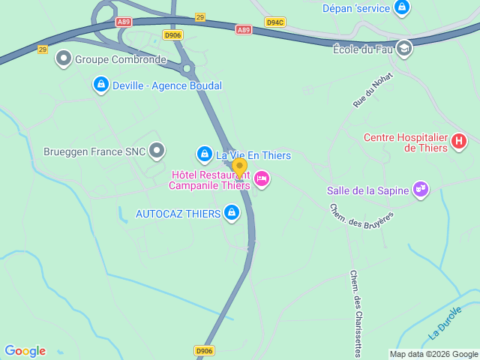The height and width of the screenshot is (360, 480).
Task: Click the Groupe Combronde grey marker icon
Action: (64, 58)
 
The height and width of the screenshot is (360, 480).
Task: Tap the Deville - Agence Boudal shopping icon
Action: (100, 85)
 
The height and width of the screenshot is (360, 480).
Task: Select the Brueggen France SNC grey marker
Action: (157, 151)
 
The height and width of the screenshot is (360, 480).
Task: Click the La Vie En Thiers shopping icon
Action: (204, 154)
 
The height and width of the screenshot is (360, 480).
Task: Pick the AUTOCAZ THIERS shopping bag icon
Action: (232, 214)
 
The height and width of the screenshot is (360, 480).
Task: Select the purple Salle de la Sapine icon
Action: (421, 190)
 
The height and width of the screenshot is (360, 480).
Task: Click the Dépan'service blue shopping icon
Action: (403, 8)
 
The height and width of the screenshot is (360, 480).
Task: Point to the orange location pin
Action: (239, 168)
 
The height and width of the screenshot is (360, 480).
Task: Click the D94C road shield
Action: (275, 22)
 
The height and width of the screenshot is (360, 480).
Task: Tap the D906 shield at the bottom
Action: (204, 349)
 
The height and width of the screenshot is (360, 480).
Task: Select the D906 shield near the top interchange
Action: (172, 35)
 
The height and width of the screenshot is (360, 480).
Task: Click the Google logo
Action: (25, 350)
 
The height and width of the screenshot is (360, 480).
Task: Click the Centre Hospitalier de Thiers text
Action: (405, 142)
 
